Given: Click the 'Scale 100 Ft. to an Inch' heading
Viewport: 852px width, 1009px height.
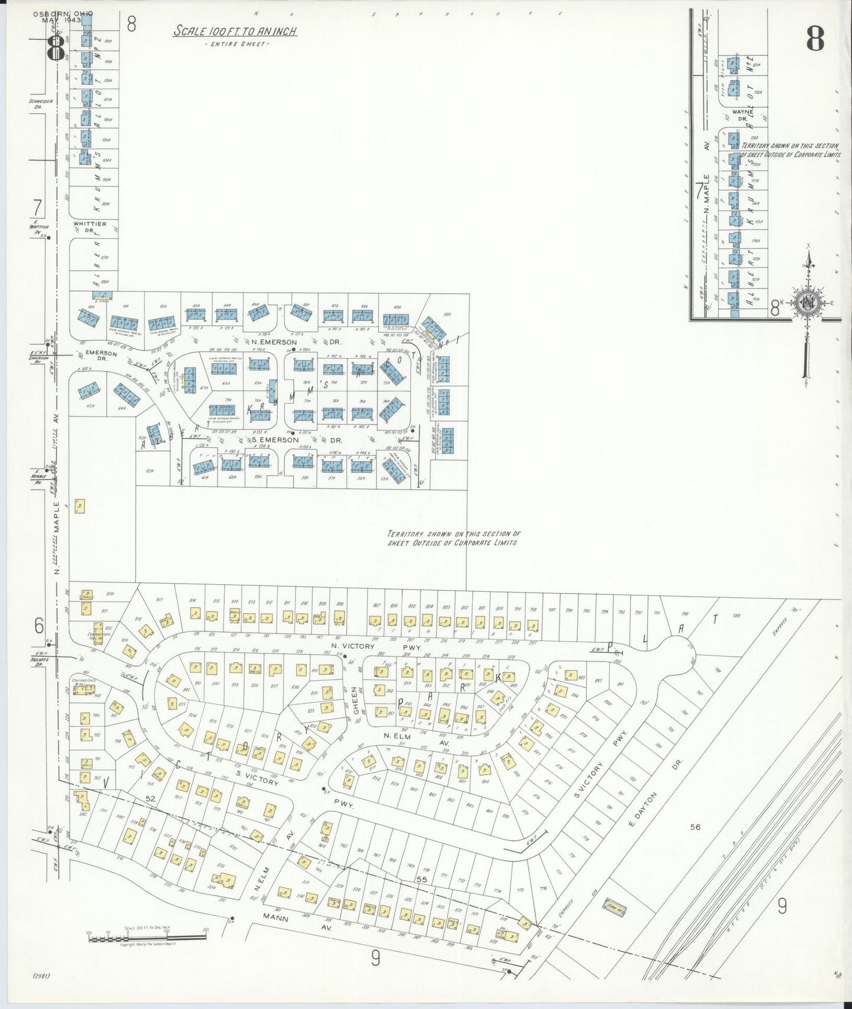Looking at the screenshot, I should pos(235,31).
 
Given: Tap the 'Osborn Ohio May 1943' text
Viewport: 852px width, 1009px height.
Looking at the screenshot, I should pos(63,17).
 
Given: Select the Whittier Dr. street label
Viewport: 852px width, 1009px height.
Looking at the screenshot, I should pos(90,227).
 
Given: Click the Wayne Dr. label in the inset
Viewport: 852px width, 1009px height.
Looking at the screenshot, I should pos(742,114).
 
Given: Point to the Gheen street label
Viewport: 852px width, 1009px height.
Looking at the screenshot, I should pos(356,700).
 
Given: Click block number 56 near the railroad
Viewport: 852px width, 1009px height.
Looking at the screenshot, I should pos(695,827).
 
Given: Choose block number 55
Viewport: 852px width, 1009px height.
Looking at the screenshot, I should pos(421,880).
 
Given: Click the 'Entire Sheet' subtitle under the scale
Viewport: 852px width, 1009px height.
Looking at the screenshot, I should pos(235,44).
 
